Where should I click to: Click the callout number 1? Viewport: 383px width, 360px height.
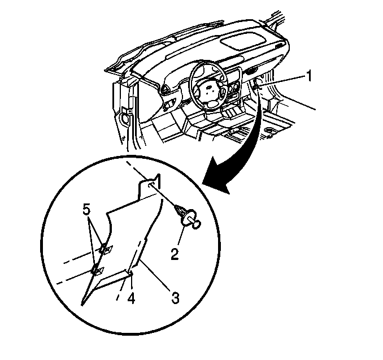pos(310,76)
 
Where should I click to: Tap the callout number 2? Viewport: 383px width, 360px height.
pos(175,254)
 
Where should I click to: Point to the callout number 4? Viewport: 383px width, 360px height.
pos(131,298)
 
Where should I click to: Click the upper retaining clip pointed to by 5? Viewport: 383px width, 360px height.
pos(106,249)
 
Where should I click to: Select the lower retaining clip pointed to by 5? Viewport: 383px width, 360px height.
pos(97,271)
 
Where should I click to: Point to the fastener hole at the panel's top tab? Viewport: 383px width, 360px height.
pos(150,185)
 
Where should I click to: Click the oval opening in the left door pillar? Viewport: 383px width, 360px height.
pos(125,119)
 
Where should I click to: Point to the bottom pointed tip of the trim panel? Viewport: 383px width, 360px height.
pos(82,305)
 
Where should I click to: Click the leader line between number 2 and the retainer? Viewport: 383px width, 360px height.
pos(181,235)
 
